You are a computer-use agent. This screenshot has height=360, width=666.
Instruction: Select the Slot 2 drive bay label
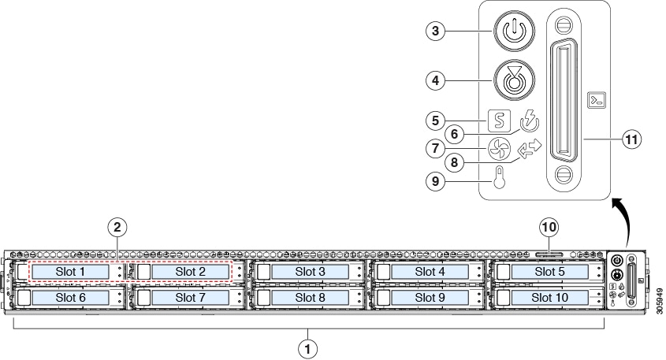pyautogui.click(x=190, y=272)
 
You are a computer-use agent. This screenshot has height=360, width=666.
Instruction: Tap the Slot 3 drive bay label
pyautogui.click(x=310, y=272)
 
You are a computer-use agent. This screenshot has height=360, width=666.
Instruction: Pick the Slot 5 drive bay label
pyautogui.click(x=549, y=272)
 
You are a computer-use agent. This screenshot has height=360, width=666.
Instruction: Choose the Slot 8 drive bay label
pyautogui.click(x=310, y=298)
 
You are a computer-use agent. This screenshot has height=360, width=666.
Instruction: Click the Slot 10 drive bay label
pyautogui.click(x=549, y=298)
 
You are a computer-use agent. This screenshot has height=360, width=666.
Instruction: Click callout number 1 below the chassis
pyautogui.click(x=308, y=345)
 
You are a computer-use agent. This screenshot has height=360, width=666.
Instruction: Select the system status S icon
pyautogui.click(x=500, y=121)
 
